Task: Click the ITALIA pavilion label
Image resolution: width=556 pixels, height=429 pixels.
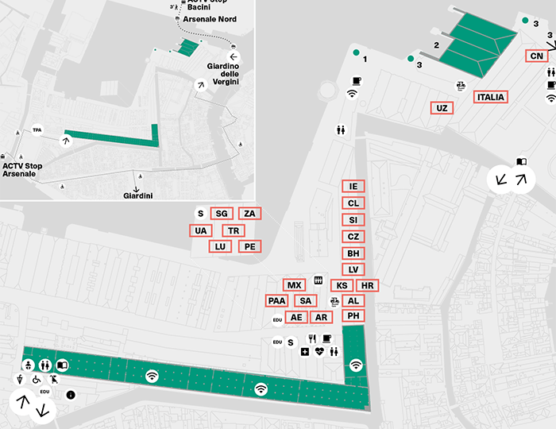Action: pos(490,98)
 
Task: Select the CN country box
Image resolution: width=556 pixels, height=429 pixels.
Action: pos(537,56)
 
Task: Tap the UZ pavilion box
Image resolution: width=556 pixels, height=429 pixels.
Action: pos(442,108)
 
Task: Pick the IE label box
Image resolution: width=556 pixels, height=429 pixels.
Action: pos(353,186)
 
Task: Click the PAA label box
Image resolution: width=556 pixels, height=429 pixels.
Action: pos(276,300)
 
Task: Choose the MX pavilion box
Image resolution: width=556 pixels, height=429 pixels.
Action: pos(294,285)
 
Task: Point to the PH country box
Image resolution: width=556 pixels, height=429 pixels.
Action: pos(353,316)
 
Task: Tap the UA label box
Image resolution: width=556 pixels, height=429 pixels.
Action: pos(201,230)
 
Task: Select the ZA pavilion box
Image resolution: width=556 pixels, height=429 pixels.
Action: pos(249,214)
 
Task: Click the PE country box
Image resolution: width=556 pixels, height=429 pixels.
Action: pos(249,246)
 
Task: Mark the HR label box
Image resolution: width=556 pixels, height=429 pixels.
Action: pos(367,285)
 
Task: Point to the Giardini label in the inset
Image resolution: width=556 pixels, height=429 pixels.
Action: pos(139,195)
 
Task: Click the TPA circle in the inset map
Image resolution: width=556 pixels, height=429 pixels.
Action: pos(37,129)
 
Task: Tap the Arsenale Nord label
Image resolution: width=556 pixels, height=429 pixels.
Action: pos(210,19)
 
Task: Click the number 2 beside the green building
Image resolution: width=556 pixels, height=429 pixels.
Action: pos(436,45)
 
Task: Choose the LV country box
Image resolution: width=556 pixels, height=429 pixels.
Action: pos(353,269)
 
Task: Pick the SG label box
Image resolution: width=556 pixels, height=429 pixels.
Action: pos(222,214)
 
